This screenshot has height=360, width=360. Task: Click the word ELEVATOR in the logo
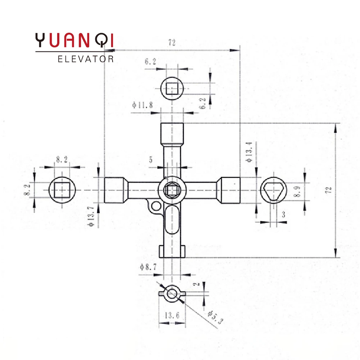pos(85,59)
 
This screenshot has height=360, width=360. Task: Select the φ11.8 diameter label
pos(142,105)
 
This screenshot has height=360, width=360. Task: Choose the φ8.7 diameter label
pos(148,267)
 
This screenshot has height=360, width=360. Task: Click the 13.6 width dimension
pos(172,315)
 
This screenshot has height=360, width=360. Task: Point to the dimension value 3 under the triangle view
pos(284,215)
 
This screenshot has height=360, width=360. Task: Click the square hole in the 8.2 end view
pos(63,190)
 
